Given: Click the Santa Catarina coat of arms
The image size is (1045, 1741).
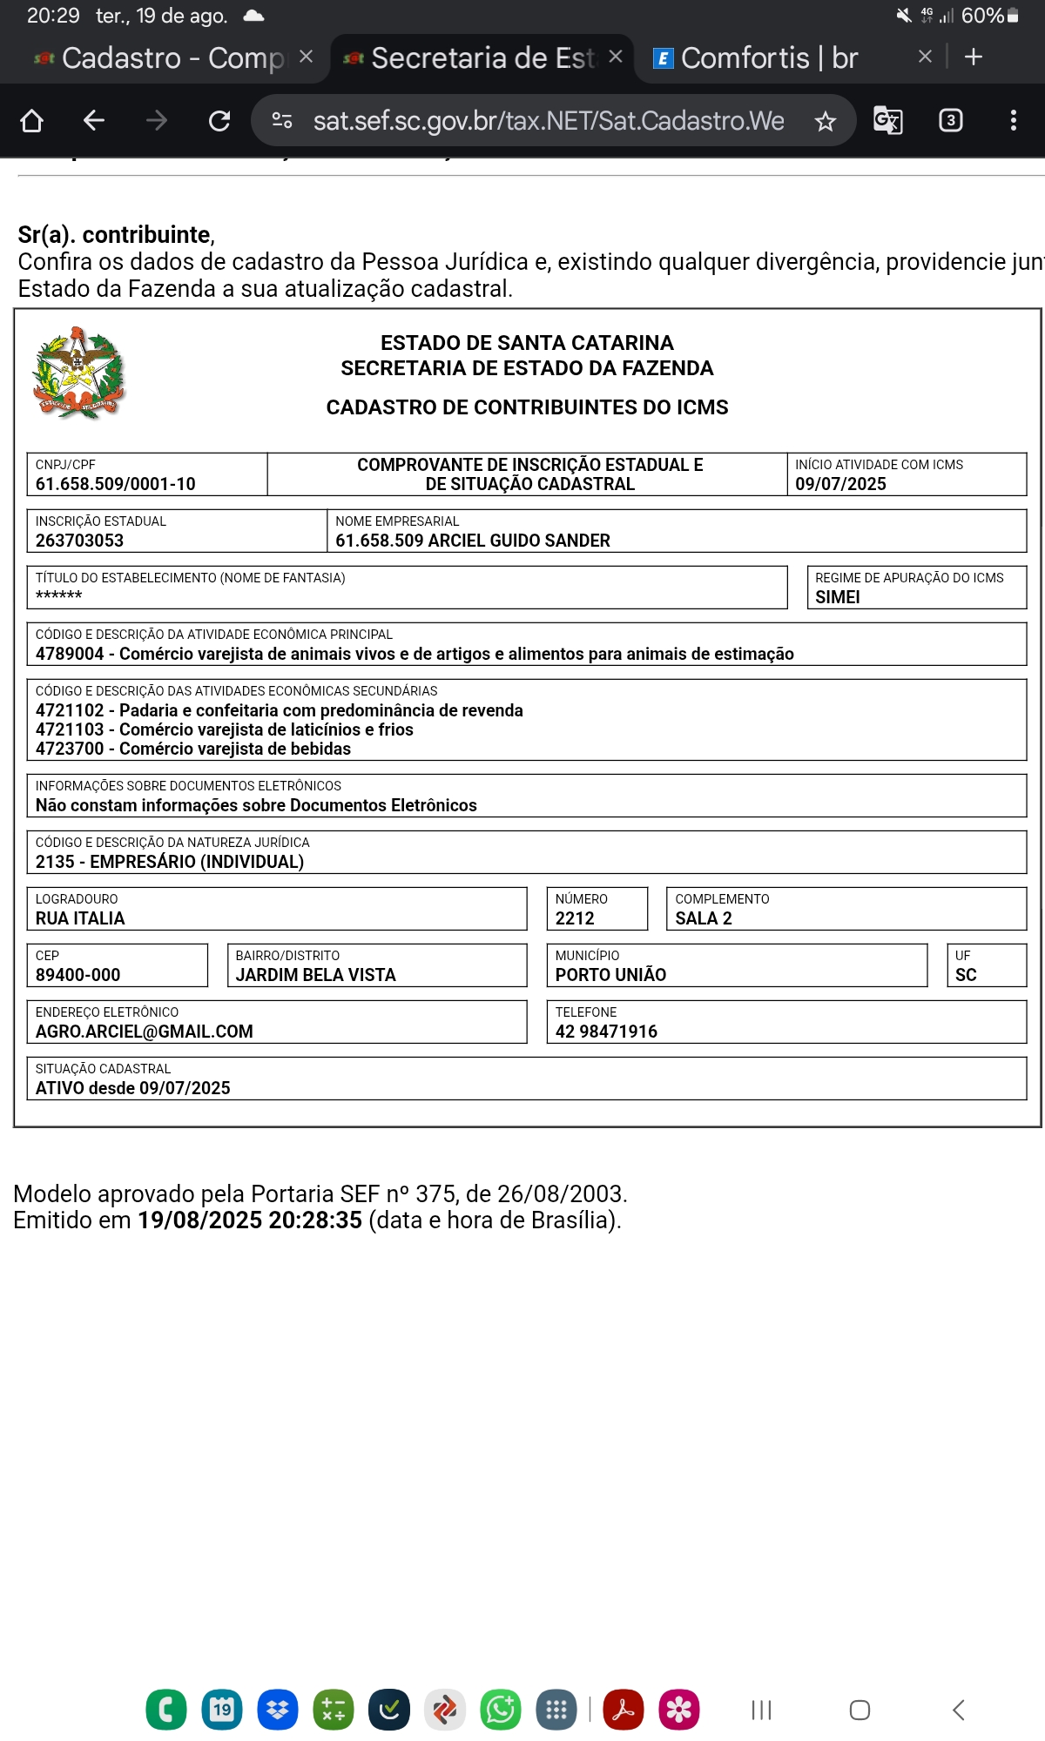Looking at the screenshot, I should (x=78, y=374).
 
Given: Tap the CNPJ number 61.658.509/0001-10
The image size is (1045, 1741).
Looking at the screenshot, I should (x=115, y=484).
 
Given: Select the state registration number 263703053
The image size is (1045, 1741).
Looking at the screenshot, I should (x=79, y=541).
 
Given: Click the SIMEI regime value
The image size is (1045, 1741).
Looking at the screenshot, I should (x=837, y=597).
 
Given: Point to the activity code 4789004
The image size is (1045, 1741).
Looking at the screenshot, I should (x=70, y=654).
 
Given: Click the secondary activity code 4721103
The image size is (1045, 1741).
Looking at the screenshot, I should (x=70, y=729).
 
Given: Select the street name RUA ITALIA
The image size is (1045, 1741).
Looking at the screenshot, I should (x=80, y=918).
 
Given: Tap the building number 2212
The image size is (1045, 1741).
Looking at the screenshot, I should (x=575, y=918).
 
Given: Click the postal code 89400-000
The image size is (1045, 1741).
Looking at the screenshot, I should (x=78, y=975).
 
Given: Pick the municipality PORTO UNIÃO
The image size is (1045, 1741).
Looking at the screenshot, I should (x=610, y=975).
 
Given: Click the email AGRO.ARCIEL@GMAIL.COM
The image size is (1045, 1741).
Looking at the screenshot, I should (x=144, y=1032).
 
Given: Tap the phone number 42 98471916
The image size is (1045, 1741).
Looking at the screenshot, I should (x=606, y=1032).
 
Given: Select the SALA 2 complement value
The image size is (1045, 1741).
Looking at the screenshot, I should (x=704, y=918).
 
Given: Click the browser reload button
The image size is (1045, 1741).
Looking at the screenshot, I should (x=219, y=120).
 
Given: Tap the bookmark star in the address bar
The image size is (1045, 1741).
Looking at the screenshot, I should (x=825, y=121).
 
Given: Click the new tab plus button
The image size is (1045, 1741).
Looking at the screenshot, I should (x=974, y=57).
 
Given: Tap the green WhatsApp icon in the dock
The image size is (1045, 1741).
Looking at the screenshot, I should (x=501, y=1710).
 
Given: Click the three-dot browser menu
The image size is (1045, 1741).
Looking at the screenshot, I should (x=1013, y=120).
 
